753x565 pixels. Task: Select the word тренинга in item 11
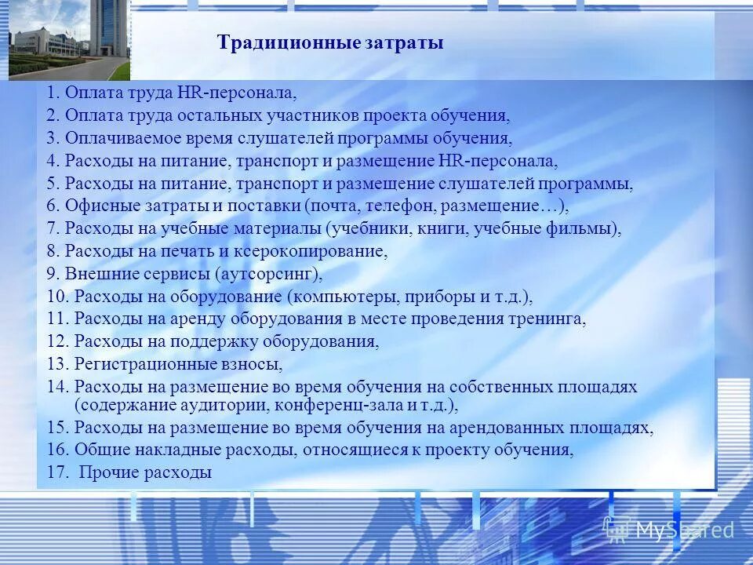554,319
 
